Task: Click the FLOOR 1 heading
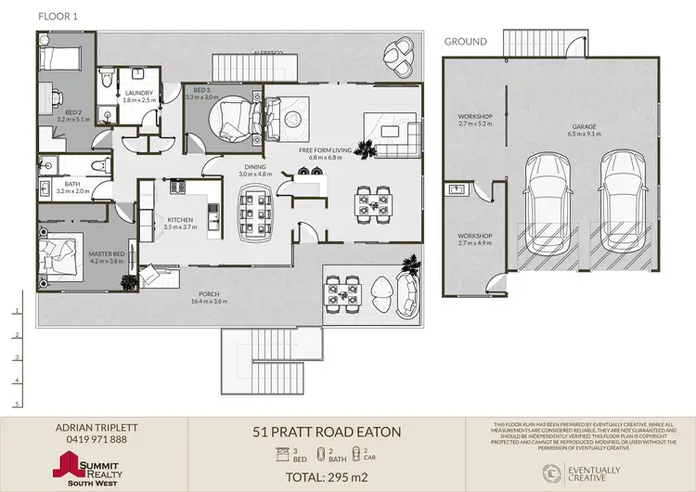57,17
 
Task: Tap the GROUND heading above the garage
465,42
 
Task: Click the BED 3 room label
200,90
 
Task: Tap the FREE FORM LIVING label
320,150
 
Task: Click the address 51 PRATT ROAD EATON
328,433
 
